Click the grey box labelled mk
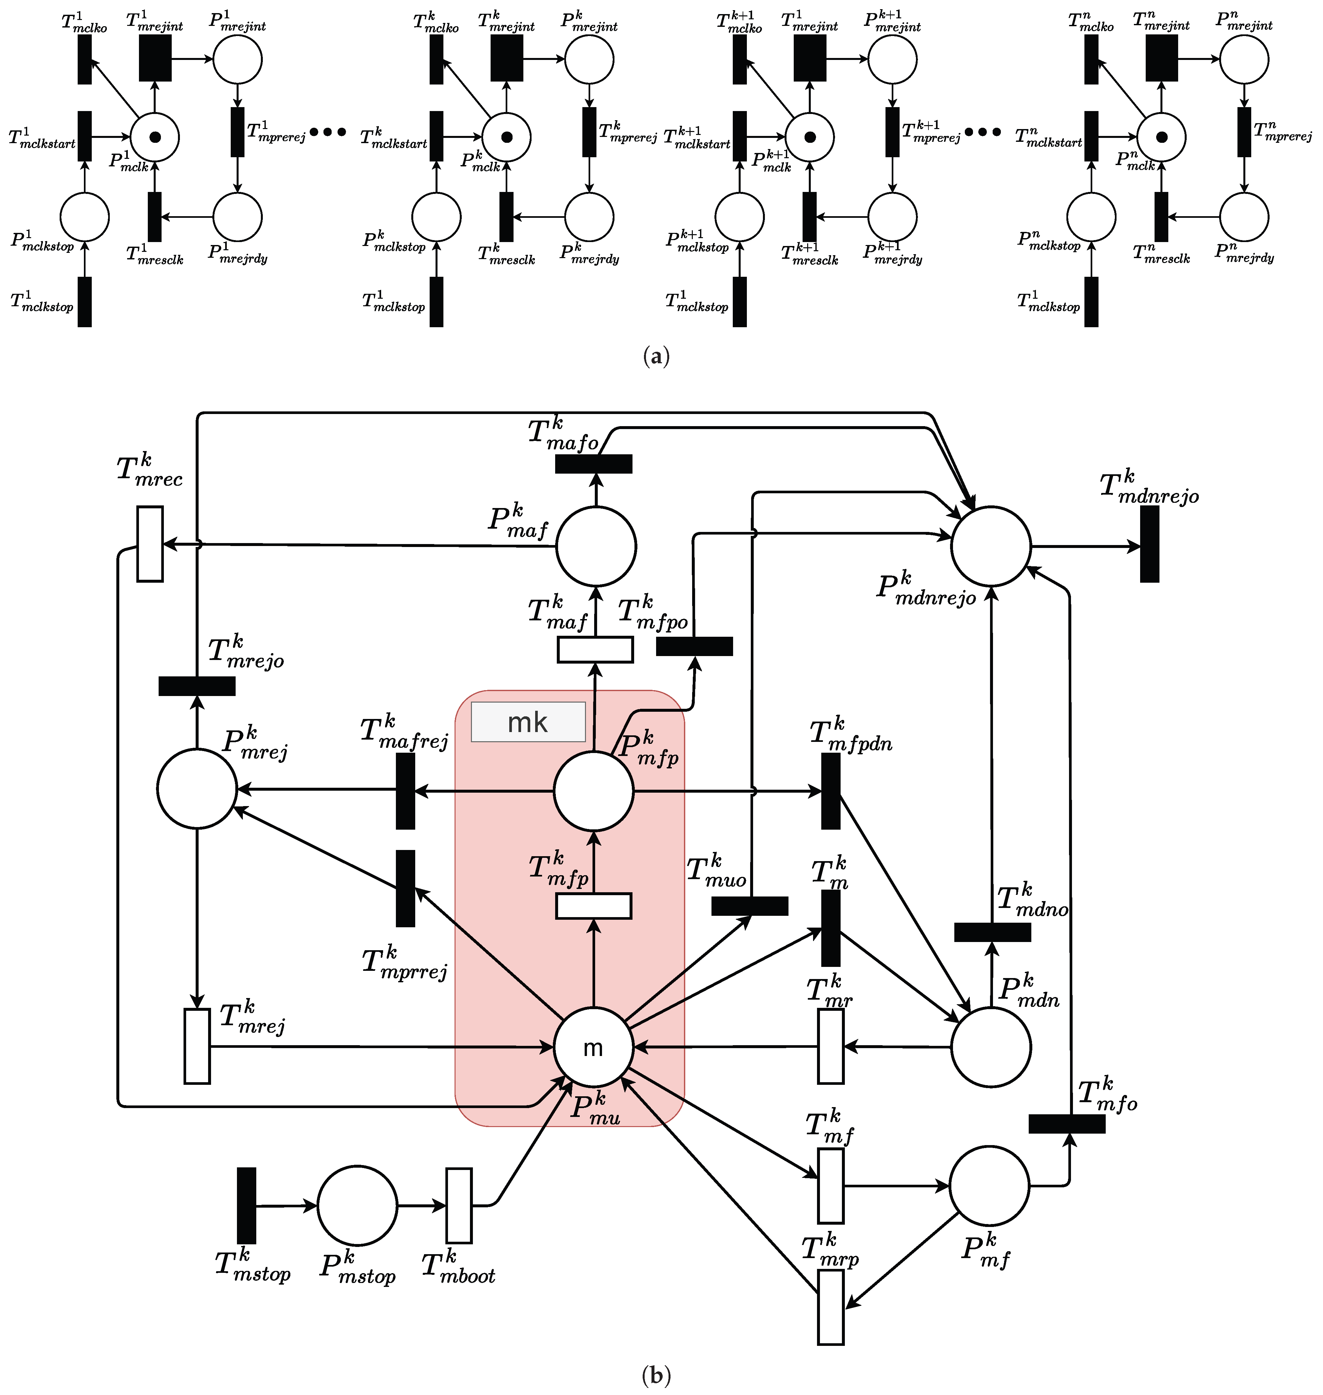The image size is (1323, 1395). click(x=528, y=722)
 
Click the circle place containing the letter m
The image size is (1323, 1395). click(x=593, y=1047)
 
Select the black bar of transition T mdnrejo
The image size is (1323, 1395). click(x=1150, y=544)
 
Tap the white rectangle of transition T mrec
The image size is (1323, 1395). click(x=149, y=543)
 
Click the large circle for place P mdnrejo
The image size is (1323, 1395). click(x=991, y=546)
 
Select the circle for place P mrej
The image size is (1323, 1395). click(x=197, y=788)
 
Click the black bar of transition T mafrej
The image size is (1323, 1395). click(x=405, y=791)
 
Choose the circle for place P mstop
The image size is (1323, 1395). click(x=358, y=1205)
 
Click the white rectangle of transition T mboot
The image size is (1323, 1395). click(x=459, y=1205)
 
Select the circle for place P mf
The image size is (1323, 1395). click(x=989, y=1186)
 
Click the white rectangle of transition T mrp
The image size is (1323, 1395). click(x=831, y=1307)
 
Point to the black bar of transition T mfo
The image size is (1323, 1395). click(x=1067, y=1123)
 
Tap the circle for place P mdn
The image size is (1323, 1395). click(x=991, y=1047)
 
